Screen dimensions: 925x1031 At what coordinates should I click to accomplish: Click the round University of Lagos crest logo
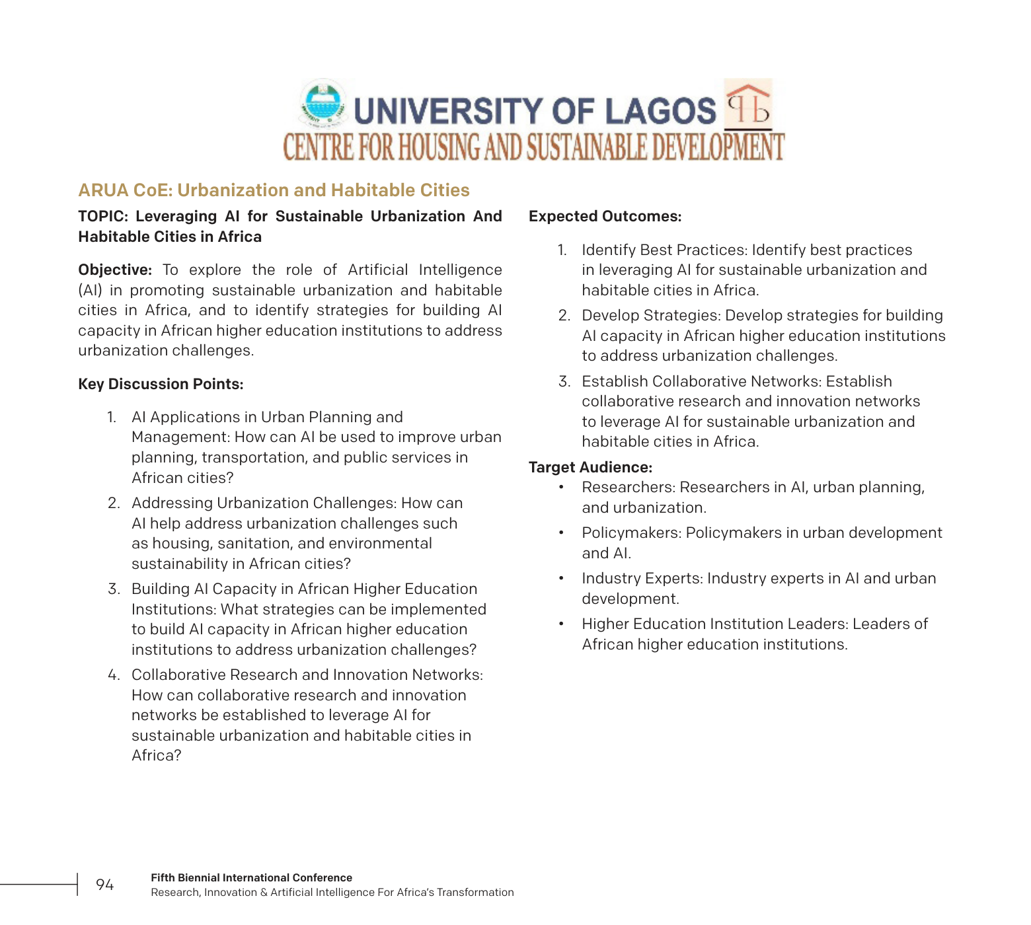(x=322, y=104)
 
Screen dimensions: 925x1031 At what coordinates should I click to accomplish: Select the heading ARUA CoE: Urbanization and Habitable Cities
(x=274, y=190)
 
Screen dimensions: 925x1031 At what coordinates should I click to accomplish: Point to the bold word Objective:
(x=115, y=270)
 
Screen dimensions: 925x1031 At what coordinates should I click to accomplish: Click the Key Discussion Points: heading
(x=161, y=384)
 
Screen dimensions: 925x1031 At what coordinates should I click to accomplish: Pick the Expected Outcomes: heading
(x=605, y=216)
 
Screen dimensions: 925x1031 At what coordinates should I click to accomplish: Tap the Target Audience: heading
(x=590, y=467)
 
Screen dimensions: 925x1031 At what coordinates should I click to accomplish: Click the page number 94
(x=105, y=885)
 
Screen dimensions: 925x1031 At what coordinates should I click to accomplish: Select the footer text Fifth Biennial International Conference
(x=251, y=877)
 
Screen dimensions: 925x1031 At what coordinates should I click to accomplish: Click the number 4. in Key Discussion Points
(x=114, y=675)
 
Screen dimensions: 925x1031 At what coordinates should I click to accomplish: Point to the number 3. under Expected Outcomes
(x=564, y=381)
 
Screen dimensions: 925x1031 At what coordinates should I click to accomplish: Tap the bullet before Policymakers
(x=561, y=533)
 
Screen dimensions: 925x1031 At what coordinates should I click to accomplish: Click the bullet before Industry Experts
(x=561, y=578)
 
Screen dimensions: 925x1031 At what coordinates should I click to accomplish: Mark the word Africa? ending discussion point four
(x=156, y=755)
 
